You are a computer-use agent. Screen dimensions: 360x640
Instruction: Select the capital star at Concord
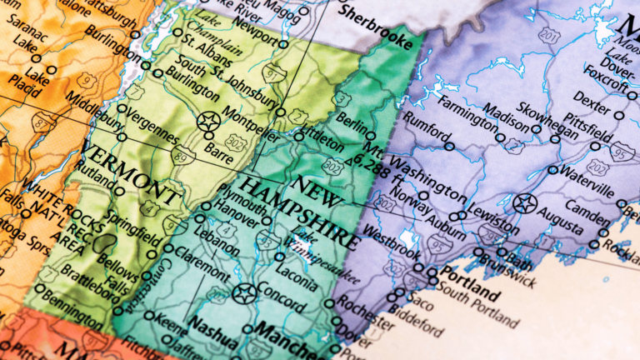pyautogui.click(x=244, y=293)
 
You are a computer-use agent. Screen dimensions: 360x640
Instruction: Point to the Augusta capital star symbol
pyautogui.click(x=524, y=202)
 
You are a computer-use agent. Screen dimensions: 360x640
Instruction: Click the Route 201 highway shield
pyautogui.click(x=548, y=36)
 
